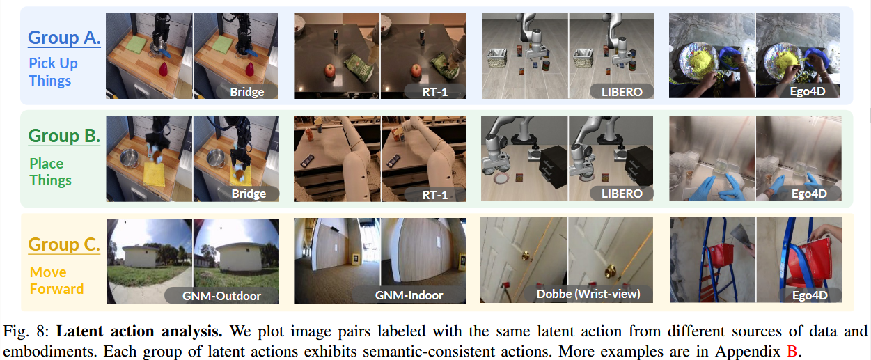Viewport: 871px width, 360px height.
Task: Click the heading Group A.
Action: (64, 38)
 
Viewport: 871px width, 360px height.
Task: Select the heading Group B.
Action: (64, 136)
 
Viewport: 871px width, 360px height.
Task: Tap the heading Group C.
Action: (64, 244)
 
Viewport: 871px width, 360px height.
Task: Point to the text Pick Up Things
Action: (53, 72)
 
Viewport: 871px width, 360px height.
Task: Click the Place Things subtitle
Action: (50, 172)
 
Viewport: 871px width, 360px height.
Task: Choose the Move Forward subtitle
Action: (56, 280)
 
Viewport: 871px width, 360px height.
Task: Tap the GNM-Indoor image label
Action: (409, 295)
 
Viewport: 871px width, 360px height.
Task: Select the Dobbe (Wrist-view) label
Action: (588, 294)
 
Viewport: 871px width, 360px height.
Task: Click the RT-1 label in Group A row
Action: (434, 91)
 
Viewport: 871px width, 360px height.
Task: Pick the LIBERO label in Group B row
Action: (622, 193)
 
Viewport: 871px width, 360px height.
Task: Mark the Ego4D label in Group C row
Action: (810, 296)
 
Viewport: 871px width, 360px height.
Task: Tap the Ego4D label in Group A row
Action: (810, 91)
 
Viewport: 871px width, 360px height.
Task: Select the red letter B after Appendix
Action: (791, 351)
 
